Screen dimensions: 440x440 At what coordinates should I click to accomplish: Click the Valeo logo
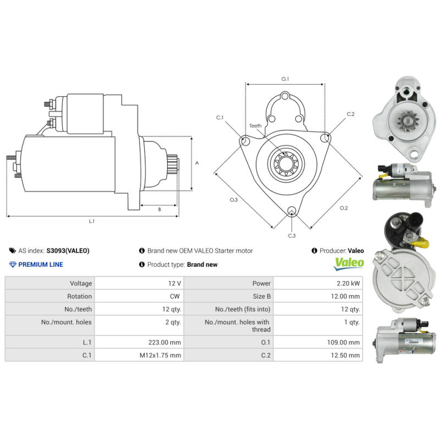[x=349, y=263]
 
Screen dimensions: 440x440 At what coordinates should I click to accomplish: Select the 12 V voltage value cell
[x=175, y=283]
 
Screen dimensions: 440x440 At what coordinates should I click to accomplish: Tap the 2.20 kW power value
[x=349, y=283]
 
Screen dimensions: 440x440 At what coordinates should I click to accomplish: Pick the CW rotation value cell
[x=175, y=296]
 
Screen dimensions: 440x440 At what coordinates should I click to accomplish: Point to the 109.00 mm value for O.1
[x=342, y=342]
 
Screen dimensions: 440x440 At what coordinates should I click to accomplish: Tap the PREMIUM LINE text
[x=41, y=265]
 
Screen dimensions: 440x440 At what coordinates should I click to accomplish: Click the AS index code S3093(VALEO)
[x=68, y=251]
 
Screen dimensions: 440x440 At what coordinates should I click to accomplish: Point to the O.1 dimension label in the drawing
[x=285, y=79]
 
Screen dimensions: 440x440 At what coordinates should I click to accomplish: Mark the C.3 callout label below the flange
[x=291, y=235]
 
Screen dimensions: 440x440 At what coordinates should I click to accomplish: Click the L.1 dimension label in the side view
[x=92, y=221]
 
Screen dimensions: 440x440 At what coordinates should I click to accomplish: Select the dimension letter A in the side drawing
[x=197, y=163]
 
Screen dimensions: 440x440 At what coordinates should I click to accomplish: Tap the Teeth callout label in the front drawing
[x=255, y=126]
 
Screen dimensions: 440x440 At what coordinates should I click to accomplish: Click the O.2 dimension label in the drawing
[x=344, y=208]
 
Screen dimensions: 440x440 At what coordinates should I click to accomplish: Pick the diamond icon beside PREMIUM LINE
[x=13, y=265]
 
